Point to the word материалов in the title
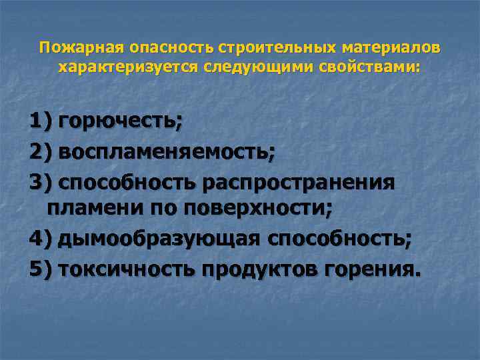click(x=391, y=49)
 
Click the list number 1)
click(x=41, y=121)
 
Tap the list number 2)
click(x=41, y=152)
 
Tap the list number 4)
click(x=41, y=239)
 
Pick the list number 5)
click(x=41, y=269)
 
